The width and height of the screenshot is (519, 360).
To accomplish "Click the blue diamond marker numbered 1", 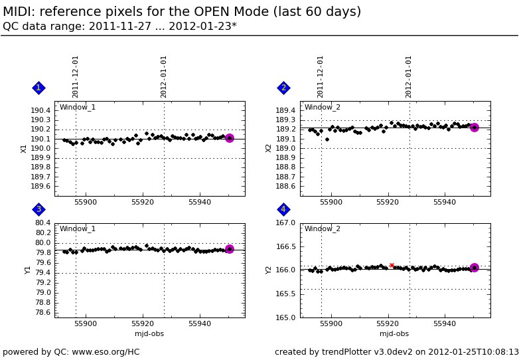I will point(38,88).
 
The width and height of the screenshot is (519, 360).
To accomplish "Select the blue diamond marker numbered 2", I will point(283,88).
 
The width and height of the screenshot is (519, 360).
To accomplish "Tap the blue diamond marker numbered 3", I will point(38,209).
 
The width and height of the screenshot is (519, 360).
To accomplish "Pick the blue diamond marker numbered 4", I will point(283,209).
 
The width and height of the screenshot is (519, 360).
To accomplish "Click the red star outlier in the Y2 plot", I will point(392,266).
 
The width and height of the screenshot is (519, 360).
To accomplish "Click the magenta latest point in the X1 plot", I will point(229,138).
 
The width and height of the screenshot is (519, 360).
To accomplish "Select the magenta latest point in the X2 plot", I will point(474,127).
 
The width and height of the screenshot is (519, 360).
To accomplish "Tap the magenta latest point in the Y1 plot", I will point(229,249).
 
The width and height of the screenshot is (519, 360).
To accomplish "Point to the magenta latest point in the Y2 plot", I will point(474,268).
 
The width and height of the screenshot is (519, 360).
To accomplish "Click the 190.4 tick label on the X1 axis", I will point(40,110).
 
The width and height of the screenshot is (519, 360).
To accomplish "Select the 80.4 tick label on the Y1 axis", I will point(43,223).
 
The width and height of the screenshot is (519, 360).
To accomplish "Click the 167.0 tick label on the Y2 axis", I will point(286,223).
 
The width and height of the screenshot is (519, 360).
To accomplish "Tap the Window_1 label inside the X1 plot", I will point(78,108).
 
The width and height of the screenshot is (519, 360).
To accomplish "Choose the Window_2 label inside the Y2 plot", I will point(323,229).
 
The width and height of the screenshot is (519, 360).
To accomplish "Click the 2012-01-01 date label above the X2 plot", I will point(409,76).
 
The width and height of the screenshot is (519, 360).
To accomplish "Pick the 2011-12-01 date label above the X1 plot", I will point(76,76).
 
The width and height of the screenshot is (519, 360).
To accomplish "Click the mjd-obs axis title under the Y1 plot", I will point(149,334).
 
